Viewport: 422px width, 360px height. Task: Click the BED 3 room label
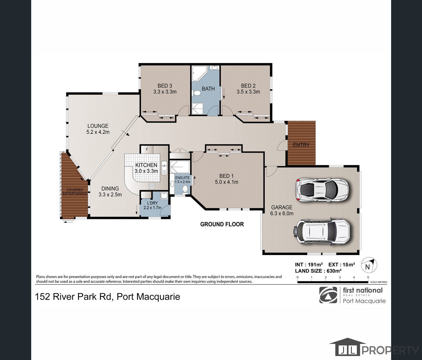click(165, 86)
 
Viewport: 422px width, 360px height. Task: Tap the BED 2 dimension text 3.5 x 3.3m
click(248, 92)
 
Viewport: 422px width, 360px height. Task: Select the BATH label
click(208, 89)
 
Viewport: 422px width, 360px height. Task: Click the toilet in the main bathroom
click(197, 93)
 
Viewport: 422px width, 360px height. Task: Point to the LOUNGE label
click(98, 126)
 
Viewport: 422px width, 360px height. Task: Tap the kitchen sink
click(164, 168)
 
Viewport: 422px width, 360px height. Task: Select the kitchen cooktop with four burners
click(152, 186)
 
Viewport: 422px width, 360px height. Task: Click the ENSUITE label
click(182, 178)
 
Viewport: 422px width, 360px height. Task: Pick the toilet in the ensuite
click(185, 189)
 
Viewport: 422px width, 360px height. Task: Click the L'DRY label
click(152, 203)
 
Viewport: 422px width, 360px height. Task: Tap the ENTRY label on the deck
click(301, 145)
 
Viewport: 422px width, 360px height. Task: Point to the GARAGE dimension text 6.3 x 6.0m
click(282, 214)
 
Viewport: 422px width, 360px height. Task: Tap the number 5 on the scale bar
click(368, 277)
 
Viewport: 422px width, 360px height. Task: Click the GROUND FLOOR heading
click(222, 224)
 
